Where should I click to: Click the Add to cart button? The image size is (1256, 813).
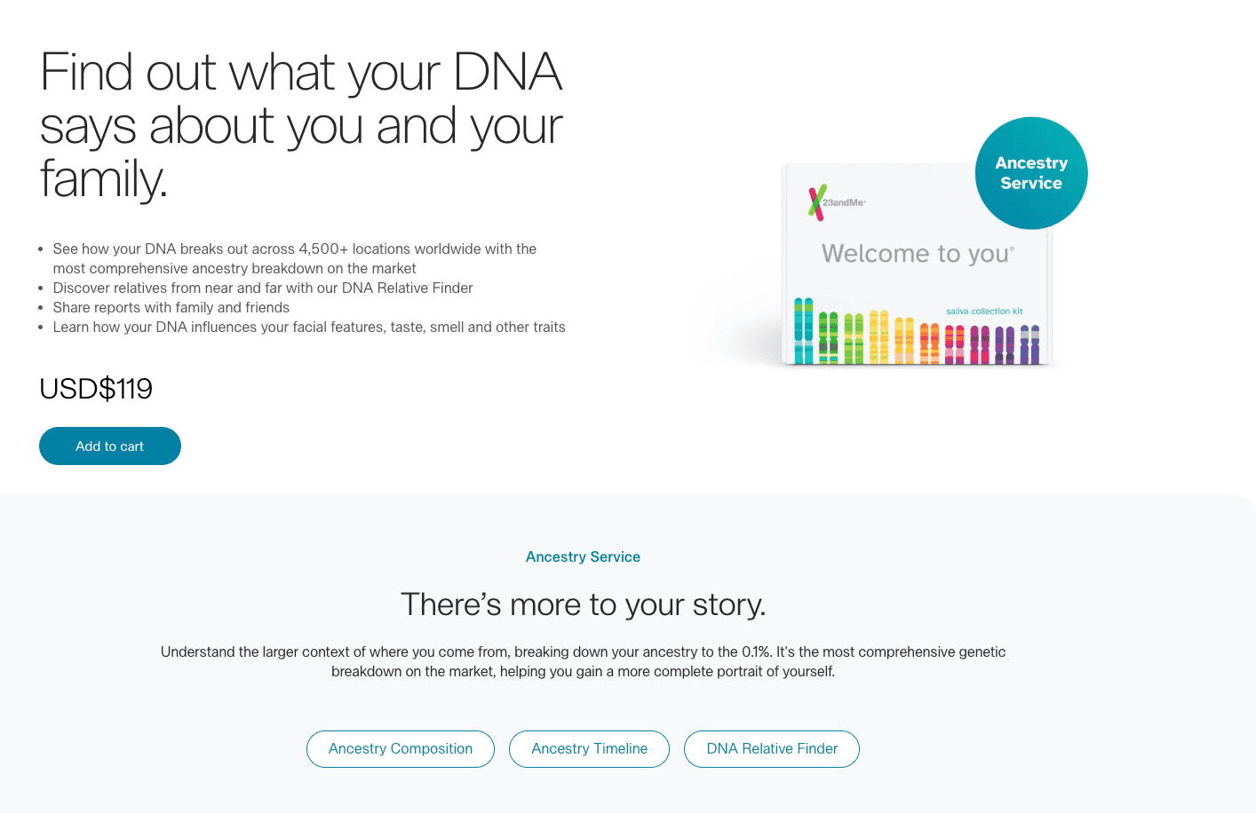(x=110, y=446)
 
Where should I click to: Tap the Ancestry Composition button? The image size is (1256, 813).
(x=401, y=749)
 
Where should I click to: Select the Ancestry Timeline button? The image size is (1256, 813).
(x=589, y=749)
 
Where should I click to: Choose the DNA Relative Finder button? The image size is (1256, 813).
(x=772, y=749)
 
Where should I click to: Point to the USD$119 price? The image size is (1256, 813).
(x=96, y=389)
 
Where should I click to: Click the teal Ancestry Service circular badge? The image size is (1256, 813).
(x=1031, y=173)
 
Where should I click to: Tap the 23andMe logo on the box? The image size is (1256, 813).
(x=836, y=202)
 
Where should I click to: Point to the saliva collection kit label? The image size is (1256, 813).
(x=984, y=312)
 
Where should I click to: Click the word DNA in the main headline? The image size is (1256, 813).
(x=507, y=72)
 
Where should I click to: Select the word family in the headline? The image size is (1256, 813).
(x=102, y=178)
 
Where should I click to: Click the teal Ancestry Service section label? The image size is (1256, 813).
(x=583, y=557)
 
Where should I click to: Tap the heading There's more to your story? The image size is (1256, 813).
(x=583, y=604)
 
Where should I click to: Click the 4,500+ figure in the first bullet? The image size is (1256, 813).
(x=323, y=249)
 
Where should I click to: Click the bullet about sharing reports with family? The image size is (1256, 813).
(x=171, y=308)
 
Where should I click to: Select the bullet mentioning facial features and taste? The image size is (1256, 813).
(x=309, y=328)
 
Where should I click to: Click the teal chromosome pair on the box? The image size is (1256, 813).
(x=803, y=331)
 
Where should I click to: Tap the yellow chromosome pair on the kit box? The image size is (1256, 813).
(x=878, y=336)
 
